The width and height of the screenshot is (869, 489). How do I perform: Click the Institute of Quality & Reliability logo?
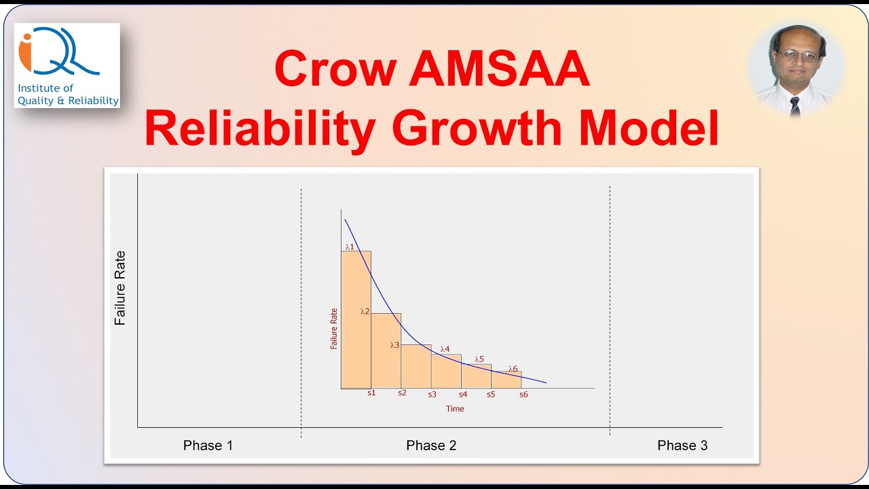click(67, 65)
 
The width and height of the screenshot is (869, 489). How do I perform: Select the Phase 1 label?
click(208, 446)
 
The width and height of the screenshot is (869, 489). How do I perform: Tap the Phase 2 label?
click(431, 446)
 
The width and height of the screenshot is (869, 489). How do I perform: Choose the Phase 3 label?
click(682, 446)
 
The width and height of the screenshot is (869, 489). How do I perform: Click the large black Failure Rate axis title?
click(121, 288)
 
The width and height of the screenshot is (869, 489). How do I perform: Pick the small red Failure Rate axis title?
click(334, 328)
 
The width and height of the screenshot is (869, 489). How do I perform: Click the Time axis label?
click(455, 409)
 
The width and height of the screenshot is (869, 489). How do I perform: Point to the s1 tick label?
click(371, 394)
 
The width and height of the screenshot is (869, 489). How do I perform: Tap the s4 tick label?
click(463, 395)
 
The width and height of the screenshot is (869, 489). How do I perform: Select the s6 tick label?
click(523, 395)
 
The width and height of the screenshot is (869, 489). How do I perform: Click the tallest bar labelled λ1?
click(356, 319)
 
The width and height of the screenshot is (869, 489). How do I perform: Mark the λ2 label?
click(365, 311)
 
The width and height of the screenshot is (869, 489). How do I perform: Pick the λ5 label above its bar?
click(479, 359)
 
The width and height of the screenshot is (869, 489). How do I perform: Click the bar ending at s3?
click(416, 367)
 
